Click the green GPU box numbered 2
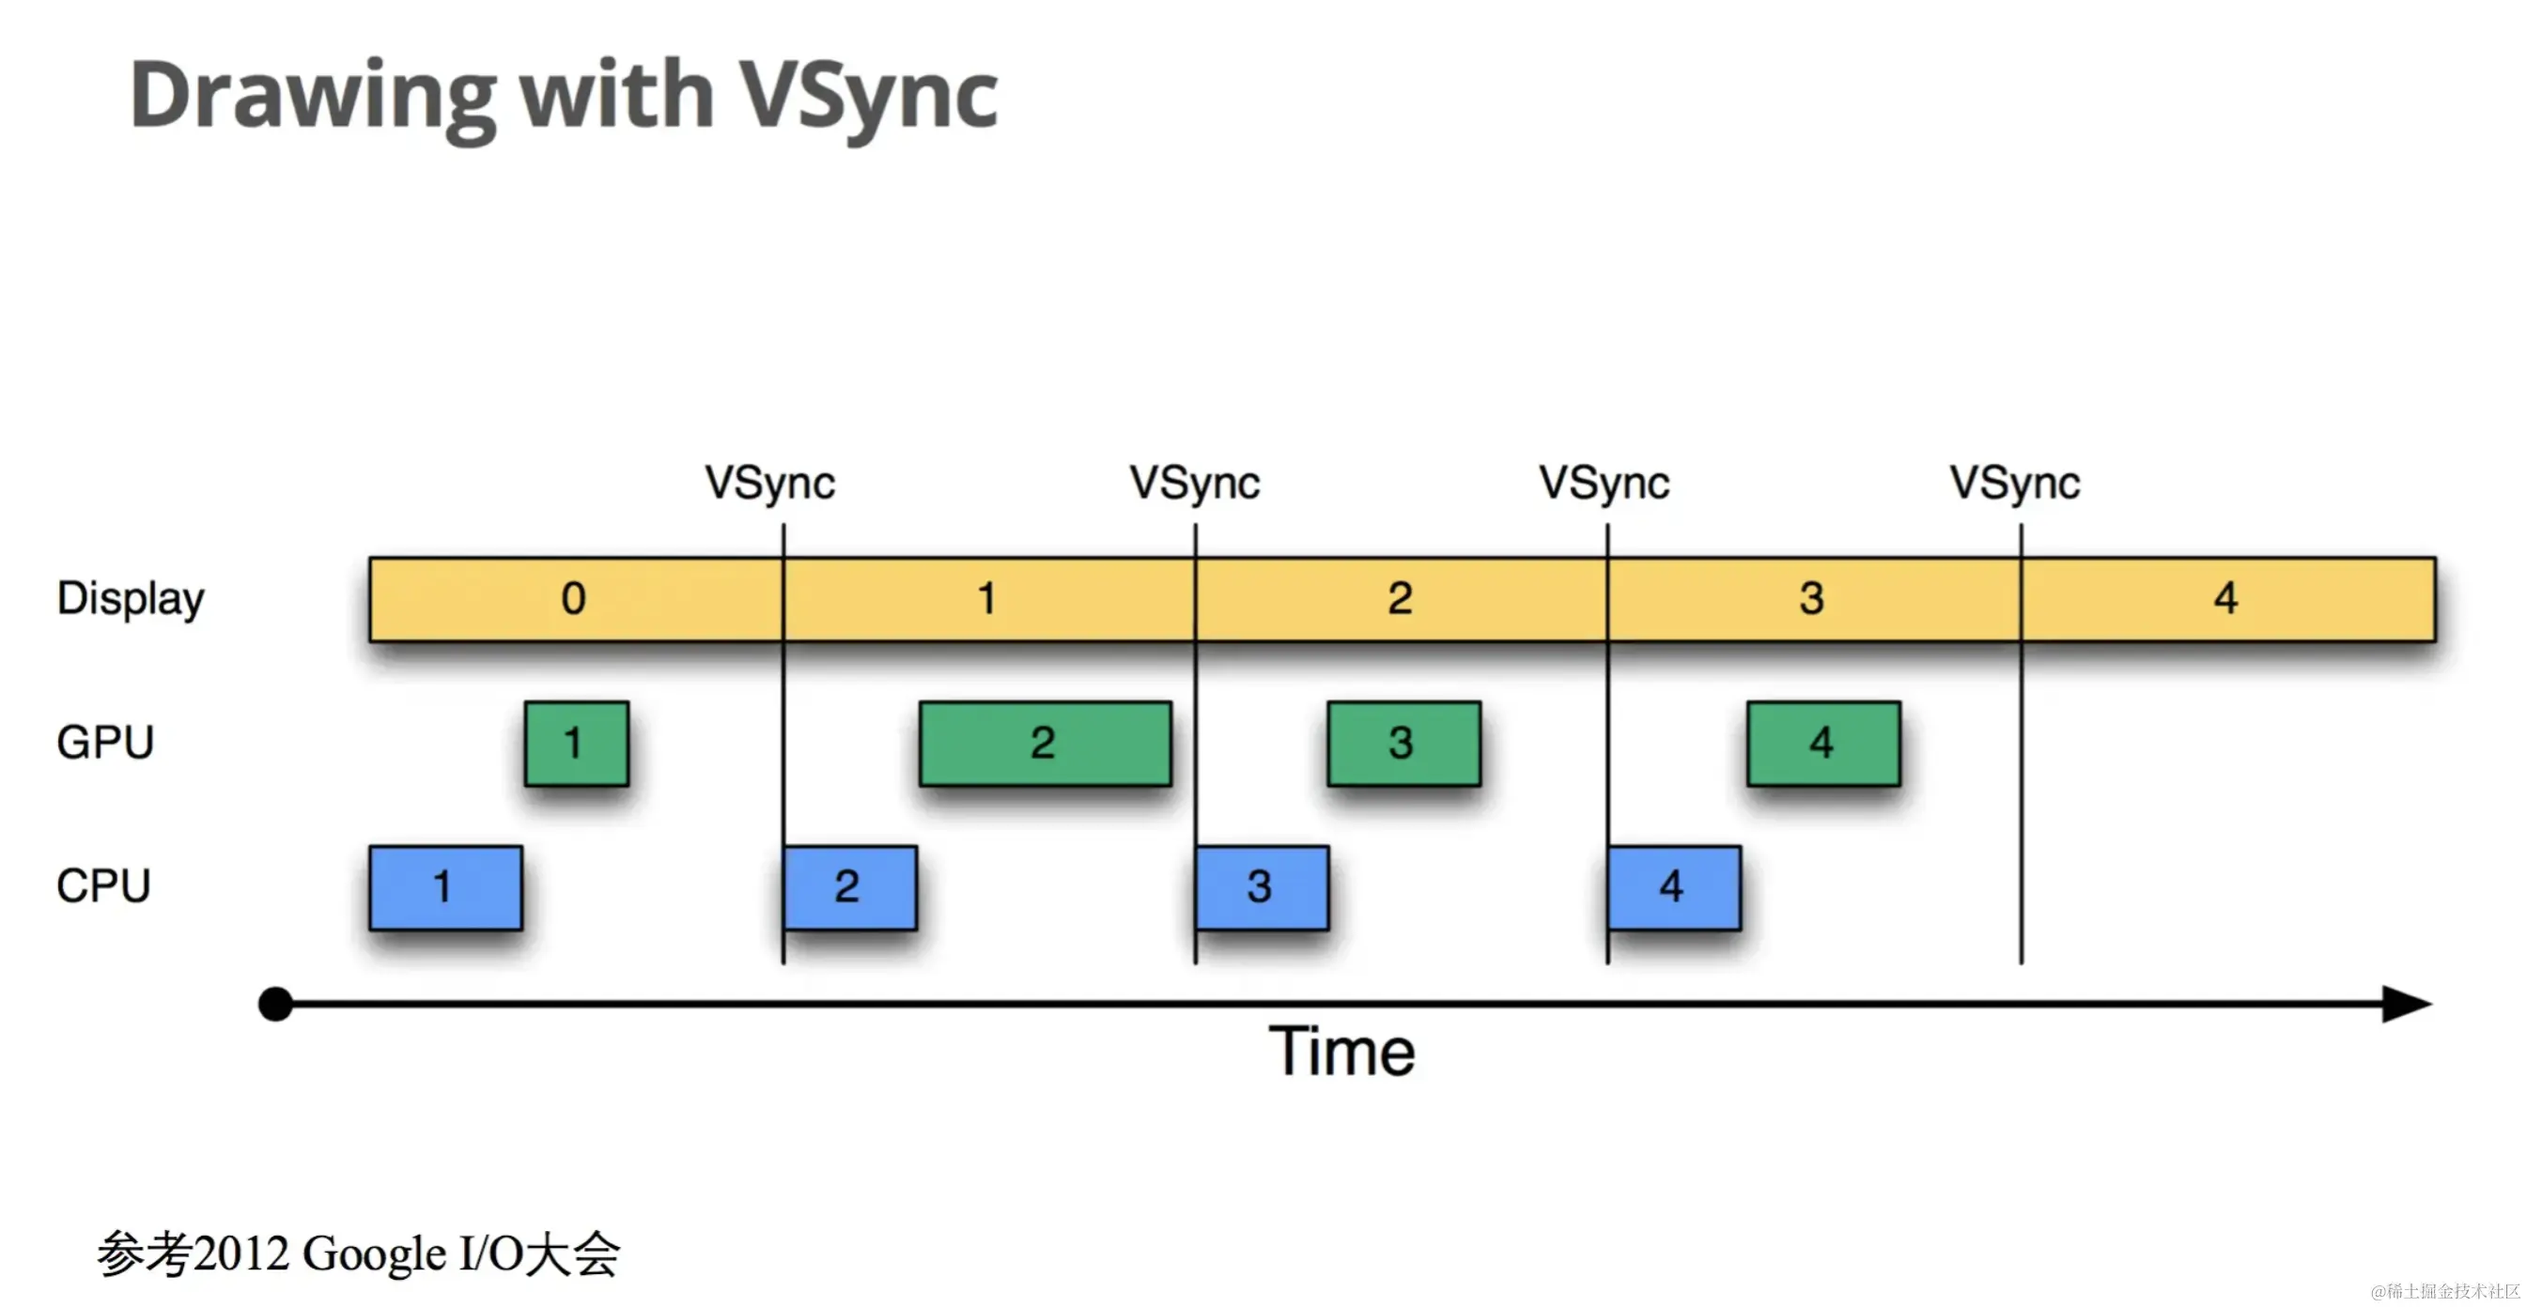tap(1045, 744)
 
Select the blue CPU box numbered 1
tap(445, 887)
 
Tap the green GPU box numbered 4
tap(1822, 744)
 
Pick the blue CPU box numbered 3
tap(1262, 887)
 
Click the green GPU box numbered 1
tap(576, 744)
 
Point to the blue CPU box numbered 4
tap(1673, 887)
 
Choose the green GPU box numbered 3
tap(1403, 744)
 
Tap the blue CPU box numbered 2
tap(849, 887)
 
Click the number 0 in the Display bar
tap(574, 598)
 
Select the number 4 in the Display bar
tap(2225, 598)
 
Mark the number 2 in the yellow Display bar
tap(1400, 598)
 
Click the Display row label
tap(131, 599)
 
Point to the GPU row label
tap(105, 743)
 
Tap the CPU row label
tap(103, 886)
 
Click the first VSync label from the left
tap(770, 484)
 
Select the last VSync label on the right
tap(2014, 484)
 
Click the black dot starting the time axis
tap(275, 1004)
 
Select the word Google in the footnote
tap(374, 1254)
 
